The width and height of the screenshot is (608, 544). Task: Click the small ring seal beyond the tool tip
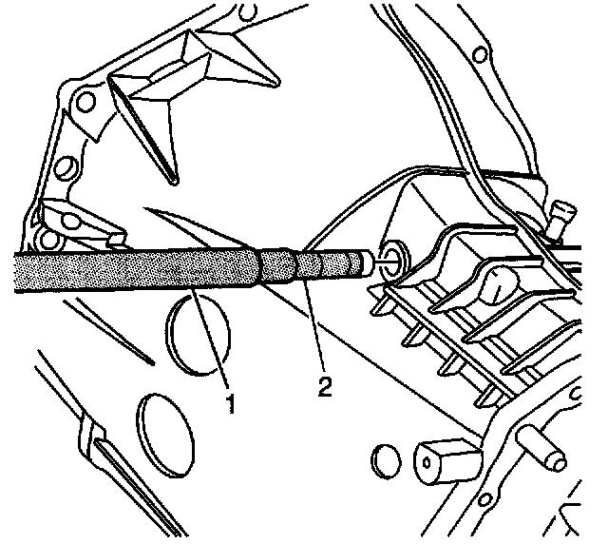389,254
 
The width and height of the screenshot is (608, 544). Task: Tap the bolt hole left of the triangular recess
87,103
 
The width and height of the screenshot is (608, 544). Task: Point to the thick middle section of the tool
278,265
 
